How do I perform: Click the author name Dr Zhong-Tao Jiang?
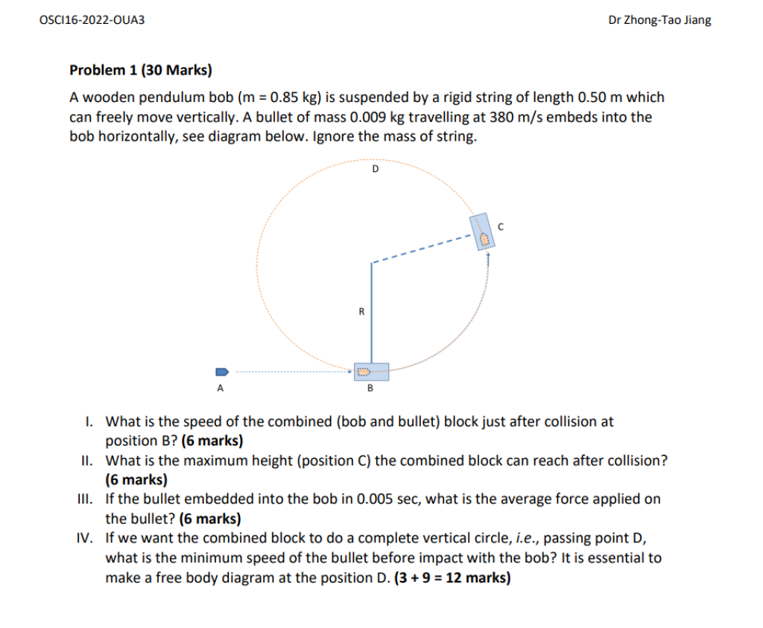[x=659, y=20]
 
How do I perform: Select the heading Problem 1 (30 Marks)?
[x=141, y=71]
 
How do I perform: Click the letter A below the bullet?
[x=220, y=388]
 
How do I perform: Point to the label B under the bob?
[x=370, y=388]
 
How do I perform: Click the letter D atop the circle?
[x=375, y=169]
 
